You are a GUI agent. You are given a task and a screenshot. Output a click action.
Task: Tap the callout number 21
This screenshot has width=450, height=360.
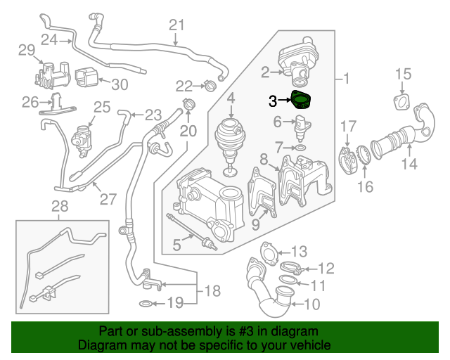[x=175, y=26]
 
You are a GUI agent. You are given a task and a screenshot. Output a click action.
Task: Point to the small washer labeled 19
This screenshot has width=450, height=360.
[x=143, y=304]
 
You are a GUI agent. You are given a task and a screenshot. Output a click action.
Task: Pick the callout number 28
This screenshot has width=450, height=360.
[x=60, y=206]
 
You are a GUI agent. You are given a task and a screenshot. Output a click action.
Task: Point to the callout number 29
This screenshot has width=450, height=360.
[x=26, y=50]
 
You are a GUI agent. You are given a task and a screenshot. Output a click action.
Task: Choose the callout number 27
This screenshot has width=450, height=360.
[x=108, y=199]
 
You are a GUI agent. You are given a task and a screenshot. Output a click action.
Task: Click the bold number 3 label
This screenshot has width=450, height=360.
[x=273, y=101]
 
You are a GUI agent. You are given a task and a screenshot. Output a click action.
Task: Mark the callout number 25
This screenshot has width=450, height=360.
[x=102, y=108]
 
